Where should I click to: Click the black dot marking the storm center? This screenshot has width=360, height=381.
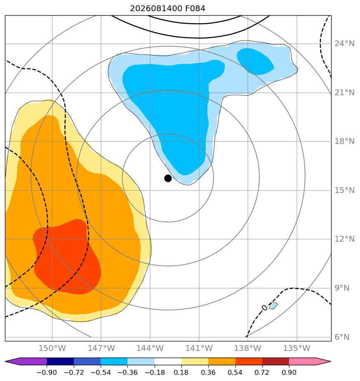[168, 179]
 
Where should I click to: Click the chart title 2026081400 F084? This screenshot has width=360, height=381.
[168, 9]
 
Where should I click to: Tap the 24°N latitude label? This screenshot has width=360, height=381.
[344, 43]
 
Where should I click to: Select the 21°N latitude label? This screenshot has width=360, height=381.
[344, 93]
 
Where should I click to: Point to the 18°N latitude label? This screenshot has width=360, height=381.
[344, 141]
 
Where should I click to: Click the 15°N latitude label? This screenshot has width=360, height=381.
[344, 190]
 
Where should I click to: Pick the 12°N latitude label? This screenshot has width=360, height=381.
[344, 239]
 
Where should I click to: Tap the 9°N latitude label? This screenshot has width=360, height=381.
[342, 288]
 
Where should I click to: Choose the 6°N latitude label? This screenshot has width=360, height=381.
[342, 337]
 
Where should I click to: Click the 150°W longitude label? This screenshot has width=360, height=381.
[52, 348]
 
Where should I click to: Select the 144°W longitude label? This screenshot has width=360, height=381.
[150, 348]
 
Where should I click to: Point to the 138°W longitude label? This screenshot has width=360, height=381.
[248, 348]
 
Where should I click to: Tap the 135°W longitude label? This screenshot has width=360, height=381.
[297, 348]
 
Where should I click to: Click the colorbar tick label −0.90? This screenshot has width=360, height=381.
[47, 372]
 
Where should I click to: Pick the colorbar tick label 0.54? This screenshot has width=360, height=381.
[235, 372]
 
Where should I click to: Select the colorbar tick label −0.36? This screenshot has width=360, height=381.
[127, 372]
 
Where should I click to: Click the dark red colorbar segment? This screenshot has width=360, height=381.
[275, 361]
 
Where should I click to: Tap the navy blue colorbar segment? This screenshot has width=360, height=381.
[60, 361]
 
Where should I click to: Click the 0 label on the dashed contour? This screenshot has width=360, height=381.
[264, 308]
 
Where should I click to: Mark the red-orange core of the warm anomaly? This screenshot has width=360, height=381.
[67, 258]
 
